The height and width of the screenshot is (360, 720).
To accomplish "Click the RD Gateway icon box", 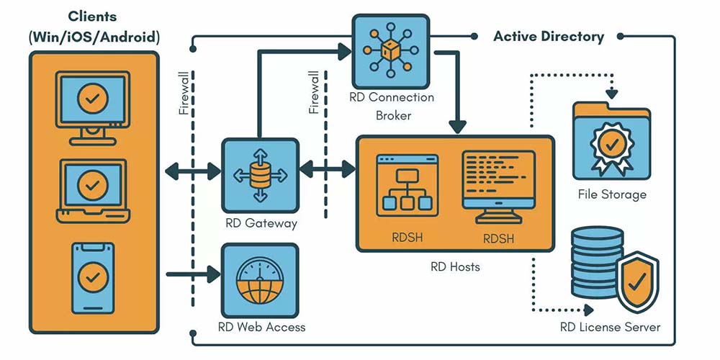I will pyautogui.click(x=259, y=173).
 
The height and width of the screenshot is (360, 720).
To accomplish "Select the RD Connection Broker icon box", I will pyautogui.click(x=390, y=51).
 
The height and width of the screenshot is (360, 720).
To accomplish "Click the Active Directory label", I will pyautogui.click(x=549, y=37).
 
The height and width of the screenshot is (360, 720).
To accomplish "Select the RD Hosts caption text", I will pyautogui.click(x=455, y=267).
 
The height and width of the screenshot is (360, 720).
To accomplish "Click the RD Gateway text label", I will pyautogui.click(x=261, y=223).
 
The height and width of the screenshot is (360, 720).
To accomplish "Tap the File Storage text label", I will pyautogui.click(x=612, y=194).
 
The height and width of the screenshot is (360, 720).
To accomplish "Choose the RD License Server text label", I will pyautogui.click(x=610, y=328).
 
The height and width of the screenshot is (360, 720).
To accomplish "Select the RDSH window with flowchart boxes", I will pyautogui.click(x=407, y=184).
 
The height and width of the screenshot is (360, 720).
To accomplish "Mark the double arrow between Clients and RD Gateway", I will pyautogui.click(x=193, y=171).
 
